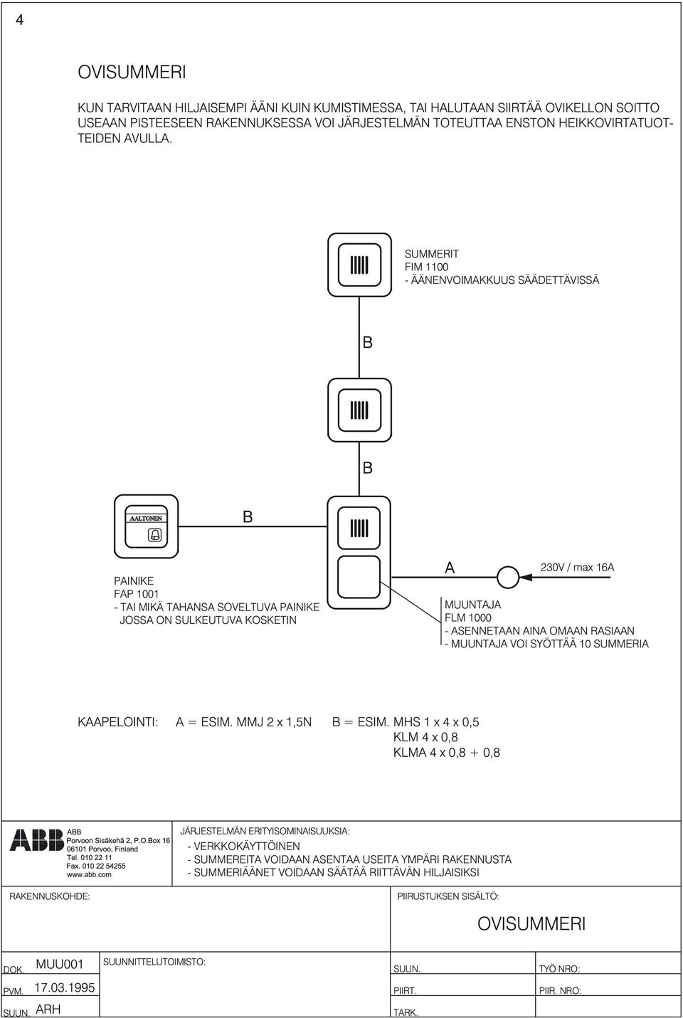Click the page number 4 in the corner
19,21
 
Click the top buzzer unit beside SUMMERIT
359,265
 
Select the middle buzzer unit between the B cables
359,410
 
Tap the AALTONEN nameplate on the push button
146,518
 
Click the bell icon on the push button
154,536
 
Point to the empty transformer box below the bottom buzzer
359,577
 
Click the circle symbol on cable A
507,577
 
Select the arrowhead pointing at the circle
525,577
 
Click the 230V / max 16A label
577,567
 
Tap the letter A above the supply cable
450,568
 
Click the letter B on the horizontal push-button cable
248,516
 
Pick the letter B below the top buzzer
368,342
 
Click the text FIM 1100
426,267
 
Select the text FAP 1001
137,593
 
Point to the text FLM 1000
467,617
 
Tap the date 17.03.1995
65,987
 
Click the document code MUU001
60,965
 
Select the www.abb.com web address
89,874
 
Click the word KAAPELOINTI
117,722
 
